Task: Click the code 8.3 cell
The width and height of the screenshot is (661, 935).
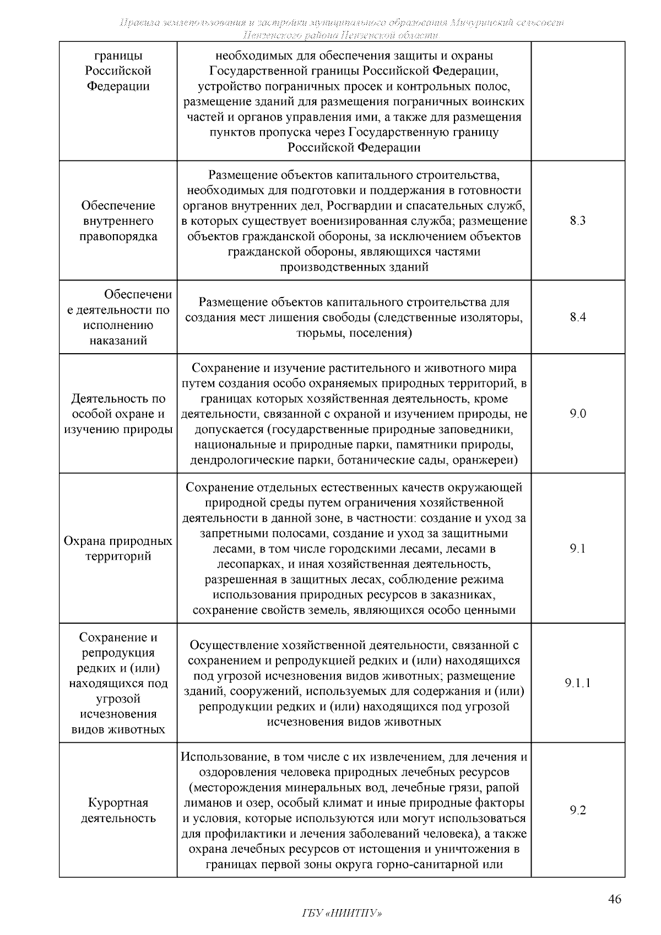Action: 578,221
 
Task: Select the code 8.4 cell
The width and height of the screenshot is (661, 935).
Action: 578,317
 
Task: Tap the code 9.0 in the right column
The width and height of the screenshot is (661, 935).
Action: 578,414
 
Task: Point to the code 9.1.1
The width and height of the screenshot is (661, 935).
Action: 578,683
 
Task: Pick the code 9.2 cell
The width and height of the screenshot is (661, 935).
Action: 578,810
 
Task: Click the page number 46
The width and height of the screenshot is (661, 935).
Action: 615,900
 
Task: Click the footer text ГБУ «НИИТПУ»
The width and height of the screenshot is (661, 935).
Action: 342,914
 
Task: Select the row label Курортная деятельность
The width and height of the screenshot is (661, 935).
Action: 118,810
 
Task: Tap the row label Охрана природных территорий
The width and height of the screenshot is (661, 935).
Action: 118,549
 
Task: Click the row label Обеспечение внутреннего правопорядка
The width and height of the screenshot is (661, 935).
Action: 118,221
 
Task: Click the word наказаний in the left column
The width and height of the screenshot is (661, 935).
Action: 118,341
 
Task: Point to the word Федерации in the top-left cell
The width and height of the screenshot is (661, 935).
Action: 118,87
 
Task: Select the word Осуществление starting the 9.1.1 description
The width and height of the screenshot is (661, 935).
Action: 233,645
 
